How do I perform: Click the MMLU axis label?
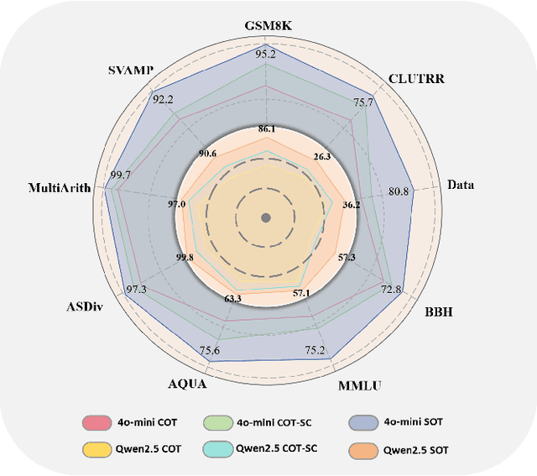coord(359,385)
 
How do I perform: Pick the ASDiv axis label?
coord(86,306)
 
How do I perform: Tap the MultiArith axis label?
coord(61,186)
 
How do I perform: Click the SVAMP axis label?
coord(130,70)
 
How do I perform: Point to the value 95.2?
coord(266,54)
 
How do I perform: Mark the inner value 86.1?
coord(266,129)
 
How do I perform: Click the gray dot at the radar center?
coord(266,218)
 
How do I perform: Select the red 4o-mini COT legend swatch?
coord(98,422)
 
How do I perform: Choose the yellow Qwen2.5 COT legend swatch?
coord(98,449)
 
